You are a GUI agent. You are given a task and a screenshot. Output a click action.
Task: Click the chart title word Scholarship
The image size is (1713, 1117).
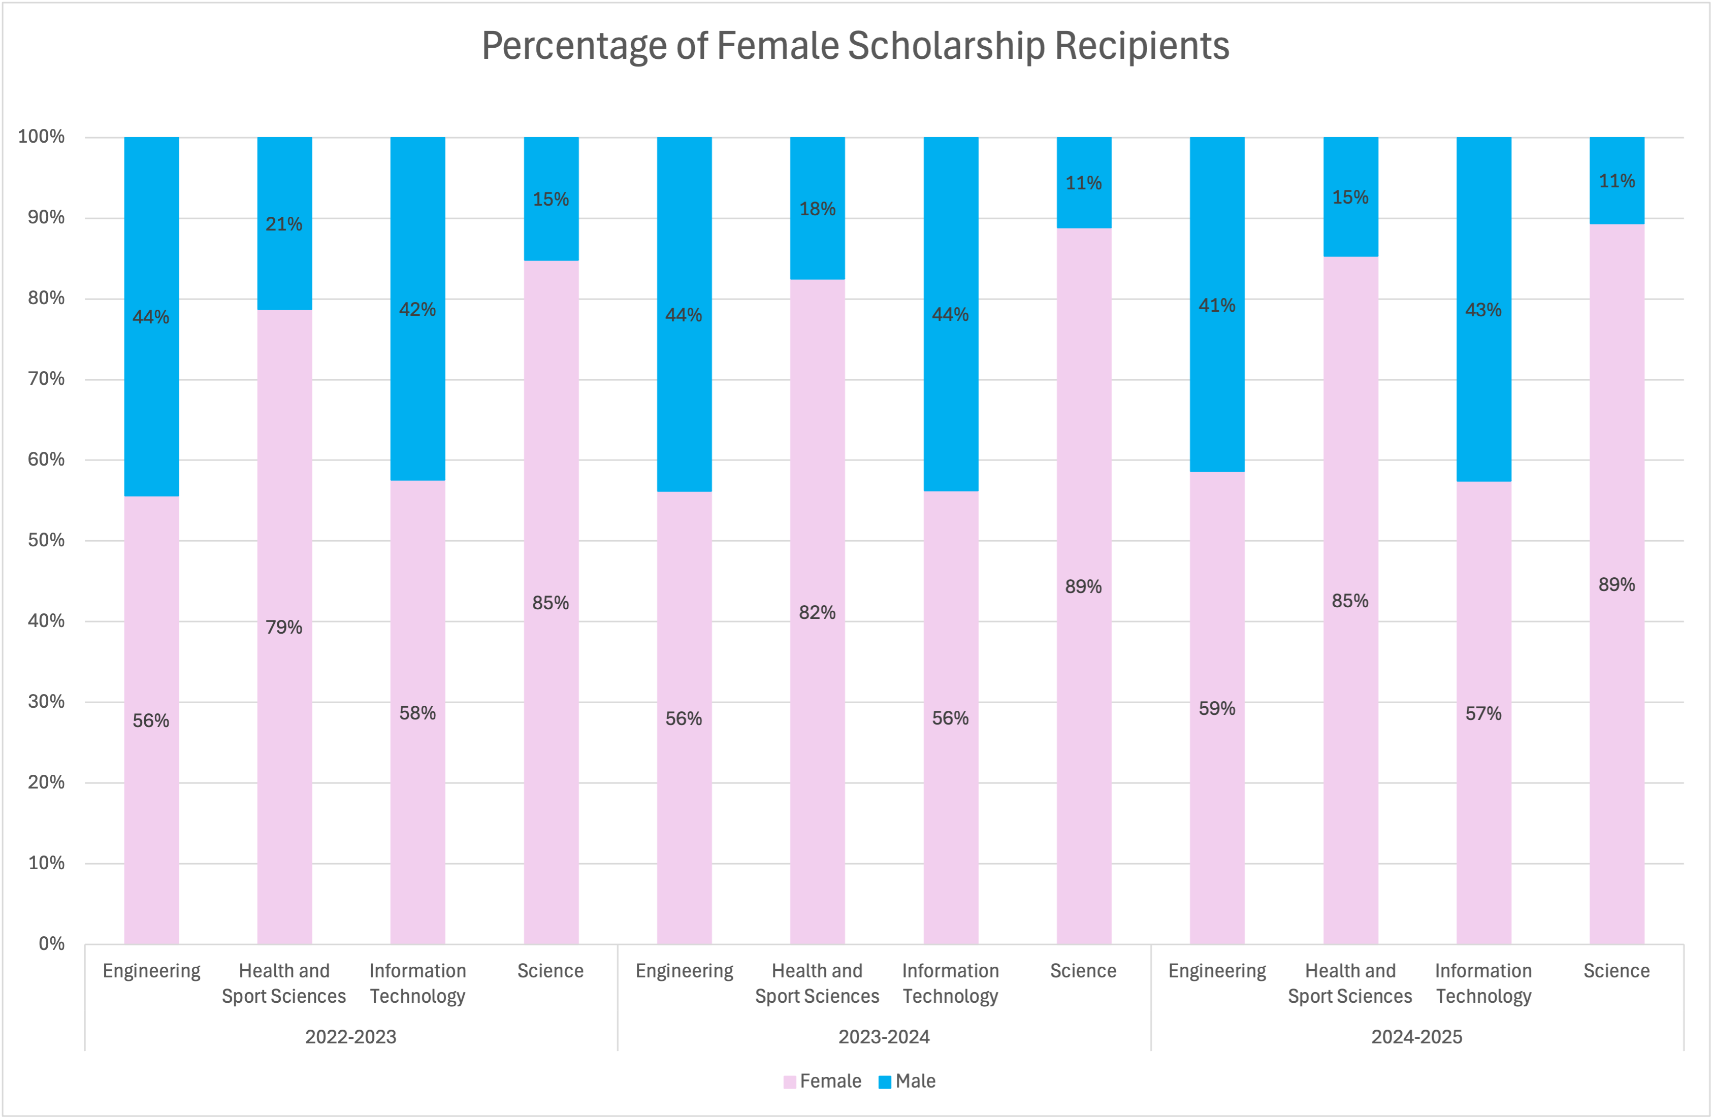pos(947,46)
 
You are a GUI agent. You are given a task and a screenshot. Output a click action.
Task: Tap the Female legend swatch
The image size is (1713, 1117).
pos(790,1082)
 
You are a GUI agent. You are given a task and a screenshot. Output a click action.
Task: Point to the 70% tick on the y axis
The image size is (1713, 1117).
pos(46,379)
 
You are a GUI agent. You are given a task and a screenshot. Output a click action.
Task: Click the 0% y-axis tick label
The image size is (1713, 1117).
pos(52,943)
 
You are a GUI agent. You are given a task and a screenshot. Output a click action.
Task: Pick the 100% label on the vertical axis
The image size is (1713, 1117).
pos(41,136)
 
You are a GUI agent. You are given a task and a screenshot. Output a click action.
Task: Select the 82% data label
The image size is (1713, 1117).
pos(817,612)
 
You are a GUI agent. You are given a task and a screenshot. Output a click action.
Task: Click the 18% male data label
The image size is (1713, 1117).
pos(817,209)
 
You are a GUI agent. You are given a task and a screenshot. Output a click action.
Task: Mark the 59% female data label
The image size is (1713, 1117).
pos(1216,708)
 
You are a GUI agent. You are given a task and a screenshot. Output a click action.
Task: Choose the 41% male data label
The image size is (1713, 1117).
pos(1216,305)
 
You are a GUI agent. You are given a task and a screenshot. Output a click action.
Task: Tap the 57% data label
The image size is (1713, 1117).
pos(1483,713)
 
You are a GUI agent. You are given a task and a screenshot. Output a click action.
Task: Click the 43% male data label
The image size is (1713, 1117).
pos(1483,310)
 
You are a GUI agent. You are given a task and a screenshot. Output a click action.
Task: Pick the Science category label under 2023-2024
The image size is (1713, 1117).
pos(1083,971)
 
